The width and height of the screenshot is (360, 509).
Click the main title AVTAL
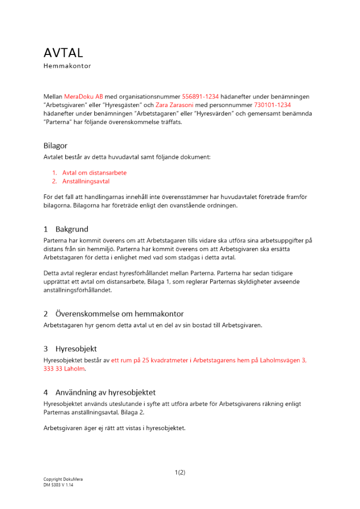click(63, 52)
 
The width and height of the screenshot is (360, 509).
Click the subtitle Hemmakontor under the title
click(67, 66)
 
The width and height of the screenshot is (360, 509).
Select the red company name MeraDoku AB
click(84, 96)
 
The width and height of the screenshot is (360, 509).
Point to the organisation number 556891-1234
click(200, 96)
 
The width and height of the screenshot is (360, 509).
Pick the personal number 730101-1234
click(273, 105)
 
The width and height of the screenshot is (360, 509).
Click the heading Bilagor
click(55, 146)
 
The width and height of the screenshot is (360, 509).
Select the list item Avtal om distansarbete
click(94, 173)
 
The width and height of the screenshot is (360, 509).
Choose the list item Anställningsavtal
click(86, 181)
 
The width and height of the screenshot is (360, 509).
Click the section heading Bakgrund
click(72, 230)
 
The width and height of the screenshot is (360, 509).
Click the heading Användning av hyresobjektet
click(105, 392)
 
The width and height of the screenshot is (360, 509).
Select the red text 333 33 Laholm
click(65, 369)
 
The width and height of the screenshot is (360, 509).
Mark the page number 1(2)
click(180, 472)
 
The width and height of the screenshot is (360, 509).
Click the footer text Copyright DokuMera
click(63, 479)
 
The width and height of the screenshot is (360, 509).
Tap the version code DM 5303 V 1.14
click(59, 485)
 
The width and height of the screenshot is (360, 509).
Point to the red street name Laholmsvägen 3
click(281, 360)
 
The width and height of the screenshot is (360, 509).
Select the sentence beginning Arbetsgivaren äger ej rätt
click(115, 428)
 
